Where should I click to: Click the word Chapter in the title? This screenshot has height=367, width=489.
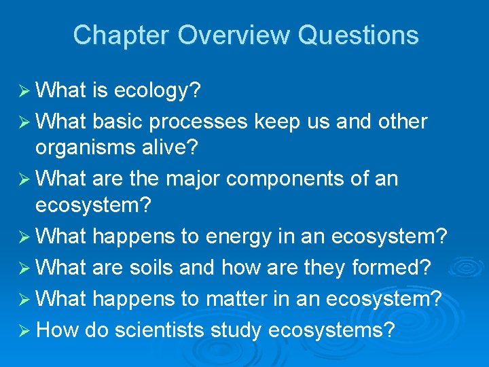point(120,35)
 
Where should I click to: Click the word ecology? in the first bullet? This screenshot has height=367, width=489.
point(161,90)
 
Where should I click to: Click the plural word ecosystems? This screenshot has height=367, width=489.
point(331,330)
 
